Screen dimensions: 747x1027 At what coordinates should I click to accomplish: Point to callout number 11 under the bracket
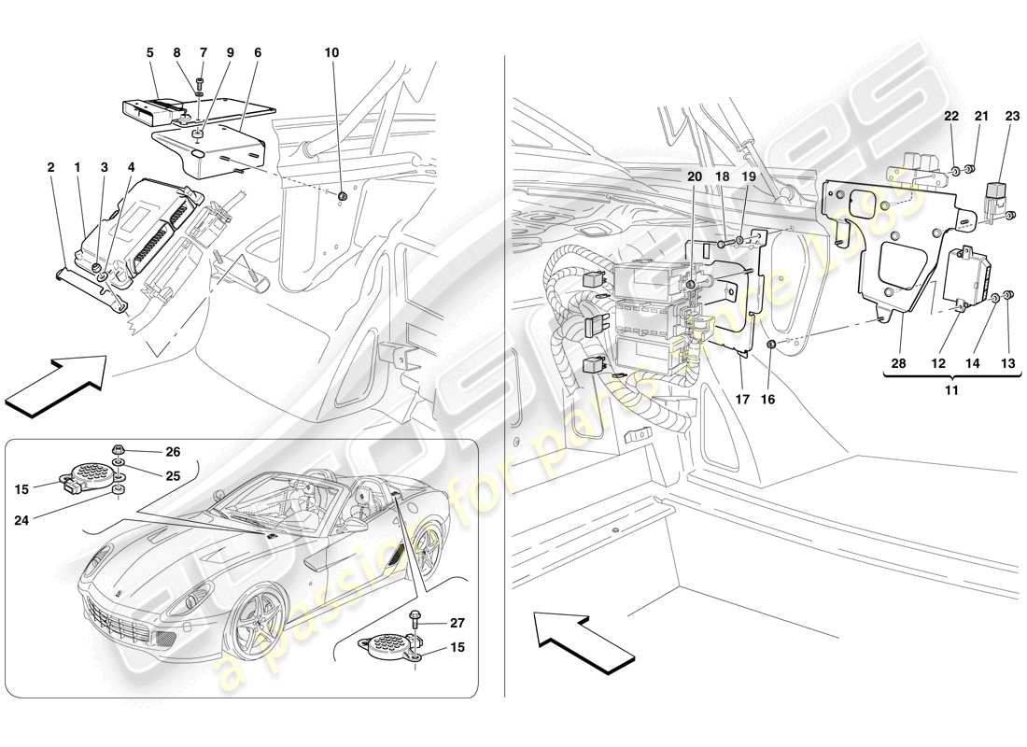950,390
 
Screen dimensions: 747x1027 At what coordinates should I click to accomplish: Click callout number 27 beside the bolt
457,623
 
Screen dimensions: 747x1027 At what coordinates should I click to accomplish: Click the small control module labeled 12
965,275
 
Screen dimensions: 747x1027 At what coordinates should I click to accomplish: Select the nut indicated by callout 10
343,196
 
